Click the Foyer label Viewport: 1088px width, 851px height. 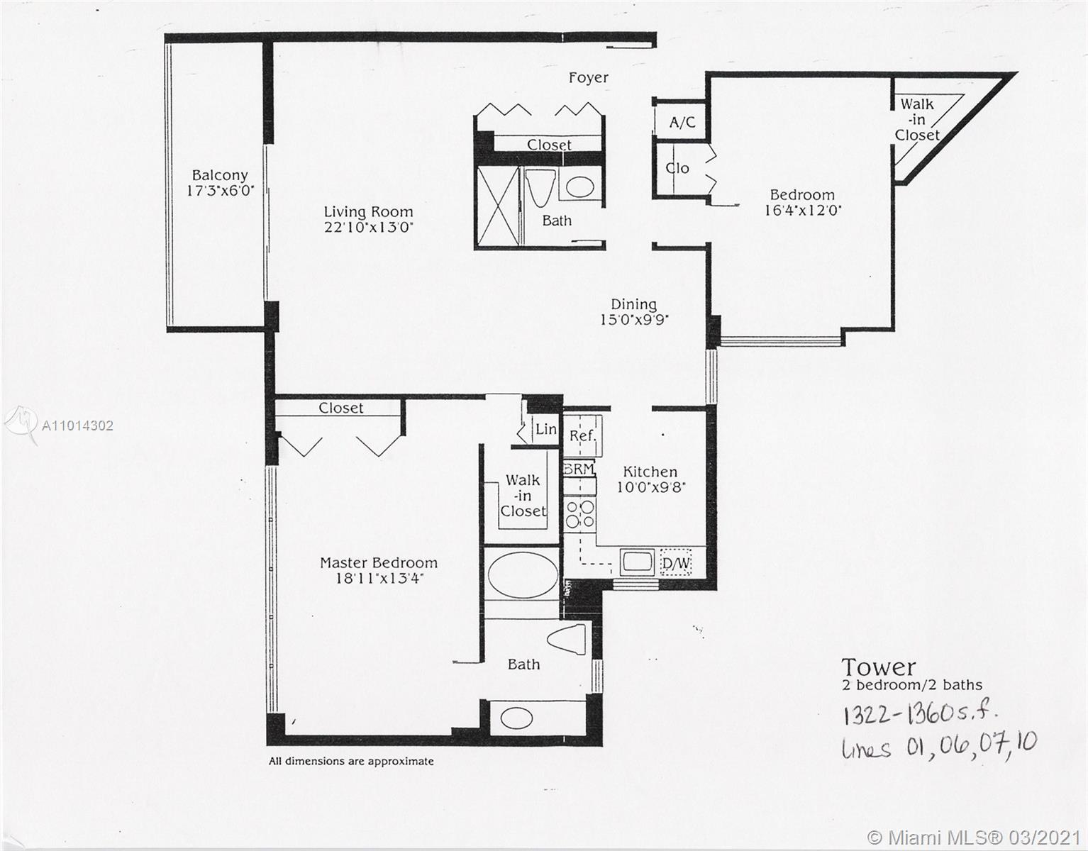pyautogui.click(x=588, y=77)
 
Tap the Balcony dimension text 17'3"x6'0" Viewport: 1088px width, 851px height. pyautogui.click(x=220, y=191)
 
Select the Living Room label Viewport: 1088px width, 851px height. pyautogui.click(x=368, y=211)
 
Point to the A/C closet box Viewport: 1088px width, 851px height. pyautogui.click(x=682, y=123)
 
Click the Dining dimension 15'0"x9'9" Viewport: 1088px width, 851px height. pyautogui.click(x=634, y=320)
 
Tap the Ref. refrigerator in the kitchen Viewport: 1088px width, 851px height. pyautogui.click(x=583, y=435)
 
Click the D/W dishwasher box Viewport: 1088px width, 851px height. pyautogui.click(x=675, y=564)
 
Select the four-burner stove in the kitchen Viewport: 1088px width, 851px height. pyautogui.click(x=581, y=514)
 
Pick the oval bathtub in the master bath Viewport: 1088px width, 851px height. pyautogui.click(x=523, y=575)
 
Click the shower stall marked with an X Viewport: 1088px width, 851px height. pyautogui.click(x=497, y=206)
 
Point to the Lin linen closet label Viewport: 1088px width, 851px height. pyautogui.click(x=545, y=429)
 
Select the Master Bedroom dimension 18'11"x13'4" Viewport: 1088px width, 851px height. pyautogui.click(x=379, y=579)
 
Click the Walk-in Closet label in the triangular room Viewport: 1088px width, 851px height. pyautogui.click(x=917, y=119)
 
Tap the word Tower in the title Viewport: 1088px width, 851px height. pyautogui.click(x=878, y=667)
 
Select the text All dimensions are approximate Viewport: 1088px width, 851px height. pyautogui.click(x=351, y=761)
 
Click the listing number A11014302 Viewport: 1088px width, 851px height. pyautogui.click(x=77, y=425)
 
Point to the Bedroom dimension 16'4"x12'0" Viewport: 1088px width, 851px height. pyautogui.click(x=802, y=210)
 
